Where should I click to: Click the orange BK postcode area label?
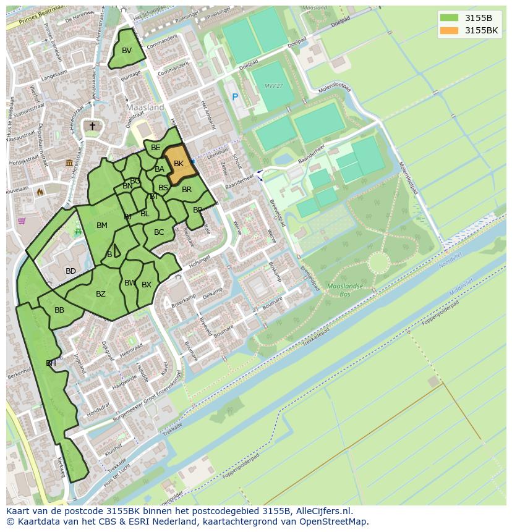[179, 164]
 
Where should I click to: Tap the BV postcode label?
[127, 51]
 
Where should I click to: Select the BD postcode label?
[70, 271]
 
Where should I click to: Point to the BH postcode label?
[51, 363]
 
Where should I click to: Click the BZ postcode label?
[101, 294]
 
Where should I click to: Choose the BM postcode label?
[102, 226]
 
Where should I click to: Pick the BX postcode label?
[147, 285]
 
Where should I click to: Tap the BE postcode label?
[156, 148]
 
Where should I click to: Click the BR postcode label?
[187, 190]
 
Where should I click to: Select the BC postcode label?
[159, 232]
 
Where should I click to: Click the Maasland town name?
[145, 108]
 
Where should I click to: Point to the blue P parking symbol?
[235, 97]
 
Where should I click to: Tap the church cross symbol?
[92, 126]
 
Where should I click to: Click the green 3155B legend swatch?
[450, 18]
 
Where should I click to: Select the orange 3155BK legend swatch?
[450, 30]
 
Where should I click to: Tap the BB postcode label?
[59, 310]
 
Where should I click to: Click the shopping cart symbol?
[22, 221]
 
